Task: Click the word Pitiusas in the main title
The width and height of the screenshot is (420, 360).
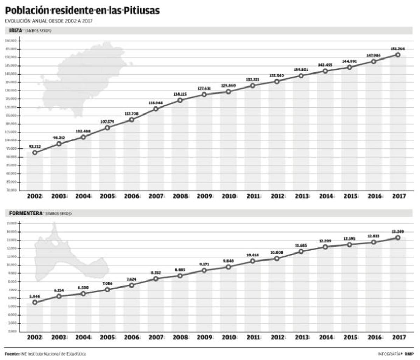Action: coord(142,11)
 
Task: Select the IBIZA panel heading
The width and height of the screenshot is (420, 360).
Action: coord(16,31)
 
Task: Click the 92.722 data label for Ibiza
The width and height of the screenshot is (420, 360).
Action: coord(35,146)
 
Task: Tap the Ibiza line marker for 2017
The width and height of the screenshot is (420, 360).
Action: coord(398,55)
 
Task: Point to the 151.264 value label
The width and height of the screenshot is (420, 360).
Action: coord(398,49)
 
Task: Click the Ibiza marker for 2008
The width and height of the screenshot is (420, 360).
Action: coord(180,100)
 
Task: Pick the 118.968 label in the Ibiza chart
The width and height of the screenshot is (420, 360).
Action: coord(156,103)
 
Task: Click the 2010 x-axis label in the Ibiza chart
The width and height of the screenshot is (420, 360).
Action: coord(229,196)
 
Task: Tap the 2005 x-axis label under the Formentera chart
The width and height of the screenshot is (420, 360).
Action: coord(107,337)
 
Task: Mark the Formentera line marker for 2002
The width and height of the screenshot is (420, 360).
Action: coord(35,302)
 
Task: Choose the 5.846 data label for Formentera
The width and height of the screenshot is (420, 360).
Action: coord(35,296)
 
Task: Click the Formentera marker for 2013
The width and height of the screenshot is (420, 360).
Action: coord(301,251)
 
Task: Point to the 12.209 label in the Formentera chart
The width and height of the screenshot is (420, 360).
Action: coord(325,241)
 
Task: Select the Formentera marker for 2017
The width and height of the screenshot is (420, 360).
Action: coord(398,237)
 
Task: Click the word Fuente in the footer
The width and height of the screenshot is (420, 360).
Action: coord(12,354)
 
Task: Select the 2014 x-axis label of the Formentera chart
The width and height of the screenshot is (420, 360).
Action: coord(325,337)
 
